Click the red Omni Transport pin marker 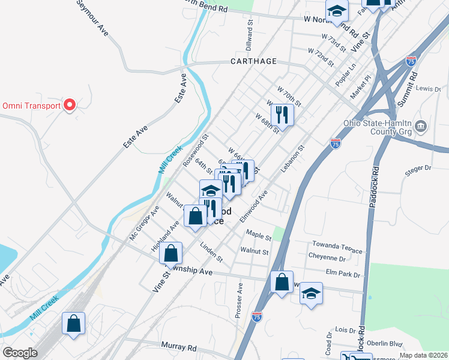[x=69, y=105]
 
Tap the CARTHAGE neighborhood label [x=254, y=61]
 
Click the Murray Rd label [x=179, y=346]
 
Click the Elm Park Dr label [x=344, y=274]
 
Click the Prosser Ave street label [x=239, y=301]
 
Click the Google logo [x=20, y=353]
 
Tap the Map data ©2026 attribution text [x=423, y=355]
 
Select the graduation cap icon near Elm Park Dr [x=311, y=293]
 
